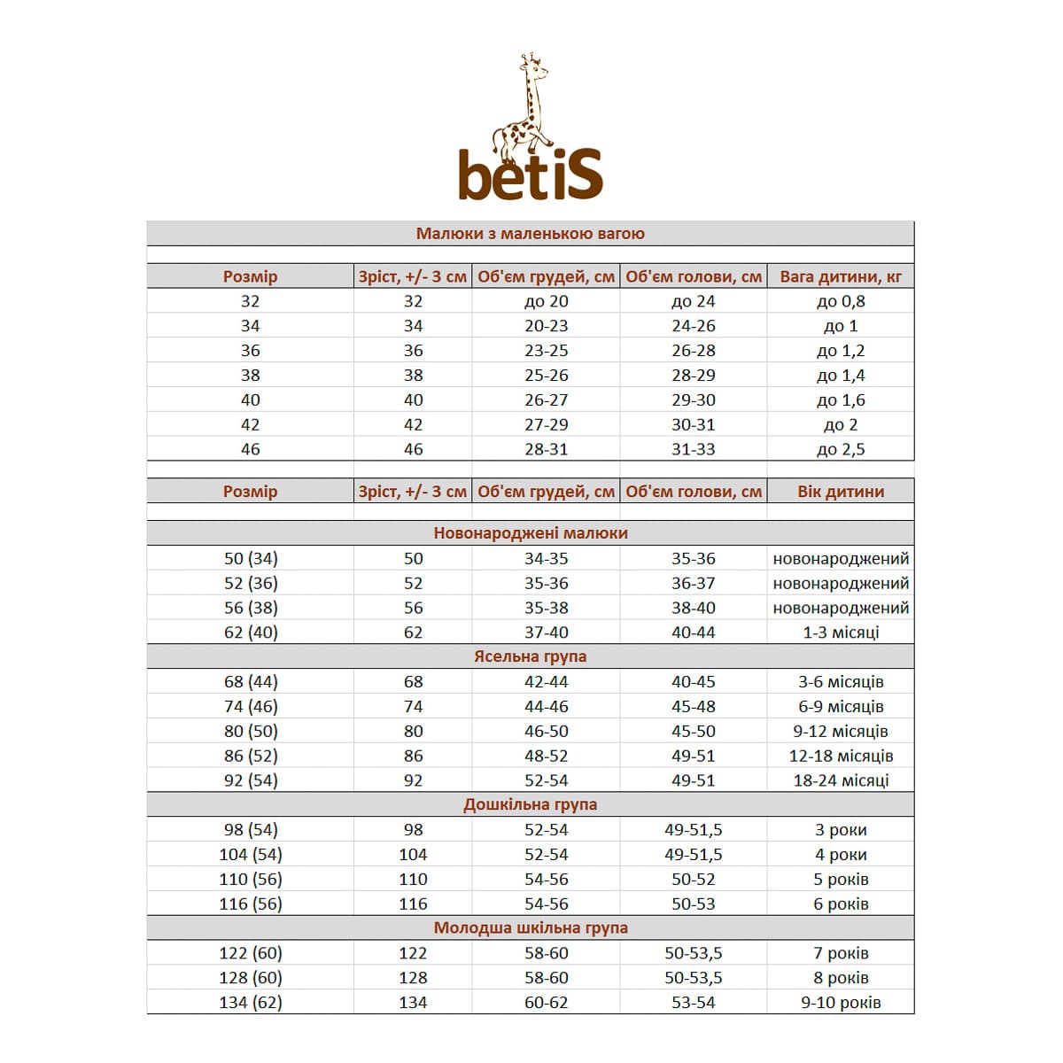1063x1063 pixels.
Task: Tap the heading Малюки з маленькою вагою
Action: [530, 234]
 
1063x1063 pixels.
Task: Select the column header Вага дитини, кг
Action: [841, 276]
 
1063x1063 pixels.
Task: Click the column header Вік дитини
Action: [841, 492]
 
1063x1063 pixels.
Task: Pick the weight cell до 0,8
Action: [841, 301]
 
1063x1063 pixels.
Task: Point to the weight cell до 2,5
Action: [841, 449]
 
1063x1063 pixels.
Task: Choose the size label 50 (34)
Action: [251, 559]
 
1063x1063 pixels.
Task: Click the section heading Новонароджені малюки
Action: [530, 533]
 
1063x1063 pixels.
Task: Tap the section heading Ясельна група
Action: [530, 656]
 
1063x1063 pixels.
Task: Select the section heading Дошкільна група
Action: [530, 804]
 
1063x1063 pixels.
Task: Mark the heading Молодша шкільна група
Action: [530, 928]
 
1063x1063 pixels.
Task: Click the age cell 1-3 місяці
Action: [841, 632]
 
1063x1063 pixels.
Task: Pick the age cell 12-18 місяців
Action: [841, 756]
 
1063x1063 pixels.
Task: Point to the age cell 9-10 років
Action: [841, 1003]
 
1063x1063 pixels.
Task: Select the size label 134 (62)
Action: [251, 1003]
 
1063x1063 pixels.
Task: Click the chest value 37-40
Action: [546, 632]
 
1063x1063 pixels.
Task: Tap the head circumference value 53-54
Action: [693, 1003]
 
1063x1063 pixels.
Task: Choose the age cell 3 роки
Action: [841, 830]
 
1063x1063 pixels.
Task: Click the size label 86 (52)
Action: [251, 756]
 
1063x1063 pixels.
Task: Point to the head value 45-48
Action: [693, 707]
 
